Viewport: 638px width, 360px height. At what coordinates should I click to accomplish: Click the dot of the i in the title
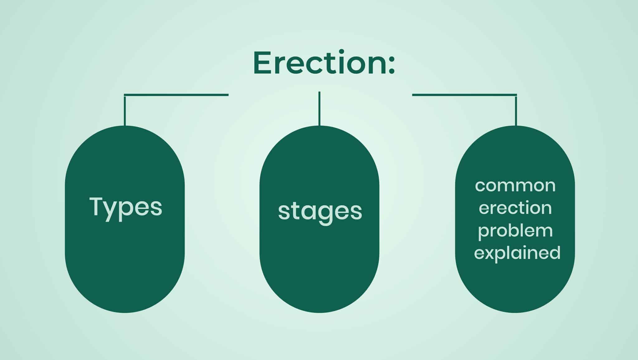[x=341, y=51]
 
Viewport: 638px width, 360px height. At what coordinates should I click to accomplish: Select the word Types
[x=126, y=208]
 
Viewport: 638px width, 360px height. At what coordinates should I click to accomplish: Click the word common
[x=515, y=186]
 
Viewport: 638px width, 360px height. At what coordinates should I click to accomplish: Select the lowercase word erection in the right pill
[x=515, y=208]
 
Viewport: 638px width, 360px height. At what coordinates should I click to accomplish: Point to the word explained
[x=517, y=253]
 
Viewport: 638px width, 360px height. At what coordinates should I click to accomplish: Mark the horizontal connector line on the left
[x=176, y=95]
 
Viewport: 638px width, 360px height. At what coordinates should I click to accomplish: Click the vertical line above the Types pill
[x=125, y=111]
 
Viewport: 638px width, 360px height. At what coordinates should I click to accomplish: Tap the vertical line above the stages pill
[x=319, y=108]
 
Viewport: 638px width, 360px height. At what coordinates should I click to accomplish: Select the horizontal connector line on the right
[x=464, y=95]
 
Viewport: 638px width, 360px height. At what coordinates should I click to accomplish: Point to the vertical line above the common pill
[x=516, y=111]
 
